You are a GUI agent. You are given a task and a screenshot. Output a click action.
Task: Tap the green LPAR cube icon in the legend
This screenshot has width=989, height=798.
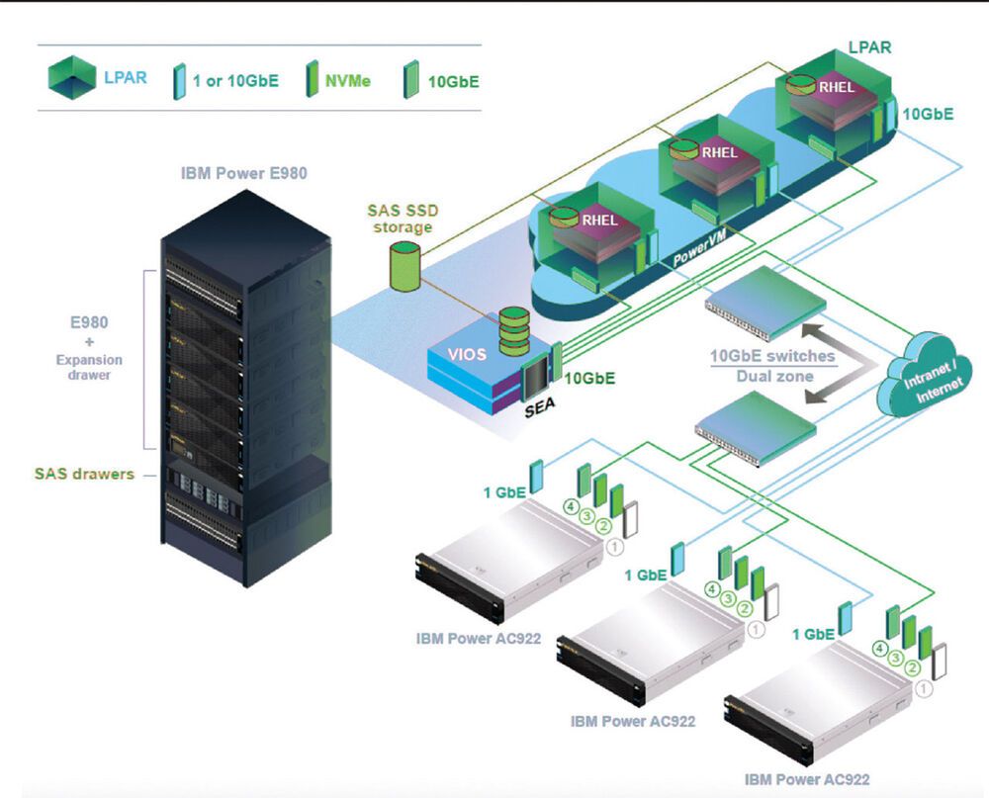click(72, 78)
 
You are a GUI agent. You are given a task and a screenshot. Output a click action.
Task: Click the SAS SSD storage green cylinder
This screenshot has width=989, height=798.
click(405, 268)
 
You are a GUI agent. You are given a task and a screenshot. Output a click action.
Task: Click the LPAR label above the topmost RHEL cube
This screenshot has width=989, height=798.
click(870, 47)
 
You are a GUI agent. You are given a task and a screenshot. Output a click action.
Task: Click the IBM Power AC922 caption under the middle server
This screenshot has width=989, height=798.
click(633, 721)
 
